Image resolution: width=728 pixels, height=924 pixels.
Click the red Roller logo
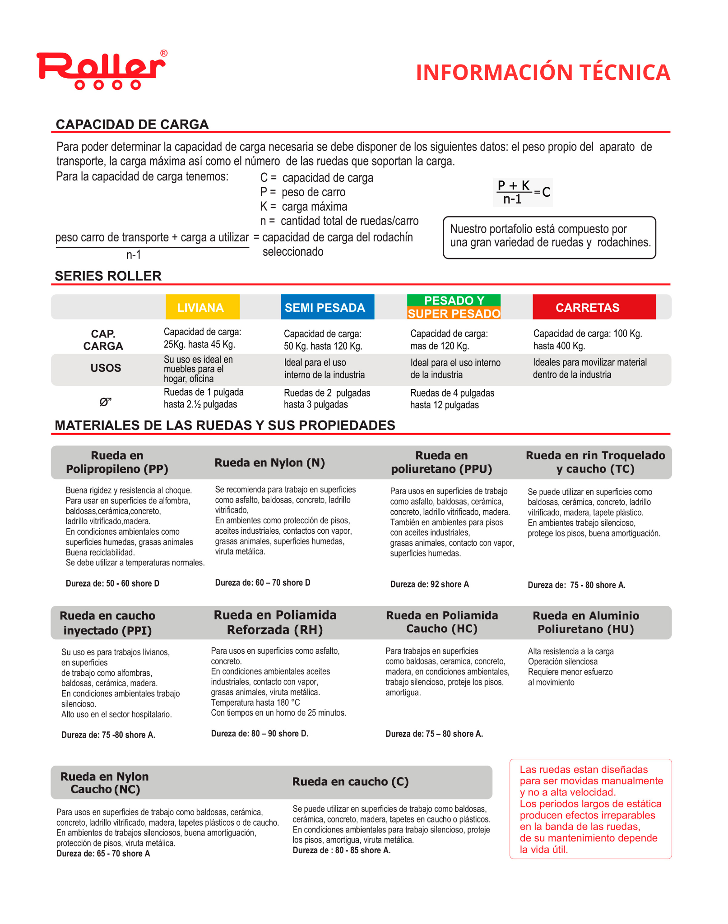(x=102, y=70)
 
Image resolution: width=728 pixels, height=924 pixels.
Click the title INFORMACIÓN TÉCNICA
(x=543, y=73)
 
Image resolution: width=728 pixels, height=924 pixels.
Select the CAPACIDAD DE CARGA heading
(x=132, y=125)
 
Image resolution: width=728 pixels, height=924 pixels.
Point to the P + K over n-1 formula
(x=523, y=193)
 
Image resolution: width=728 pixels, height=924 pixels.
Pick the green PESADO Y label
(x=454, y=300)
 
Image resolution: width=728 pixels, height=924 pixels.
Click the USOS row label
(x=106, y=368)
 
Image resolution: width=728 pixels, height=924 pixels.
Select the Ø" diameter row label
(x=106, y=402)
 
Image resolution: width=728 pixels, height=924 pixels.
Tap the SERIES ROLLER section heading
(x=108, y=276)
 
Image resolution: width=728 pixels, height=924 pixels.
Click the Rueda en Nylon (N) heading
(x=269, y=462)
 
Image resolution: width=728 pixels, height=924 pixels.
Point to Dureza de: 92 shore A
(x=429, y=584)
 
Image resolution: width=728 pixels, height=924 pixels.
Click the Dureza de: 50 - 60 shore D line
(x=112, y=583)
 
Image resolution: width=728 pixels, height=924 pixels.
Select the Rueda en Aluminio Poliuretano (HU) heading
(x=585, y=622)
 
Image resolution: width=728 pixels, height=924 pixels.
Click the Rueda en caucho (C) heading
(x=350, y=782)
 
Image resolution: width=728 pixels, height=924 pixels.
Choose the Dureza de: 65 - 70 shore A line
(x=103, y=854)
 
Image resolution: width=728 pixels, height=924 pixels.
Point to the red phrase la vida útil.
(x=543, y=850)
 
